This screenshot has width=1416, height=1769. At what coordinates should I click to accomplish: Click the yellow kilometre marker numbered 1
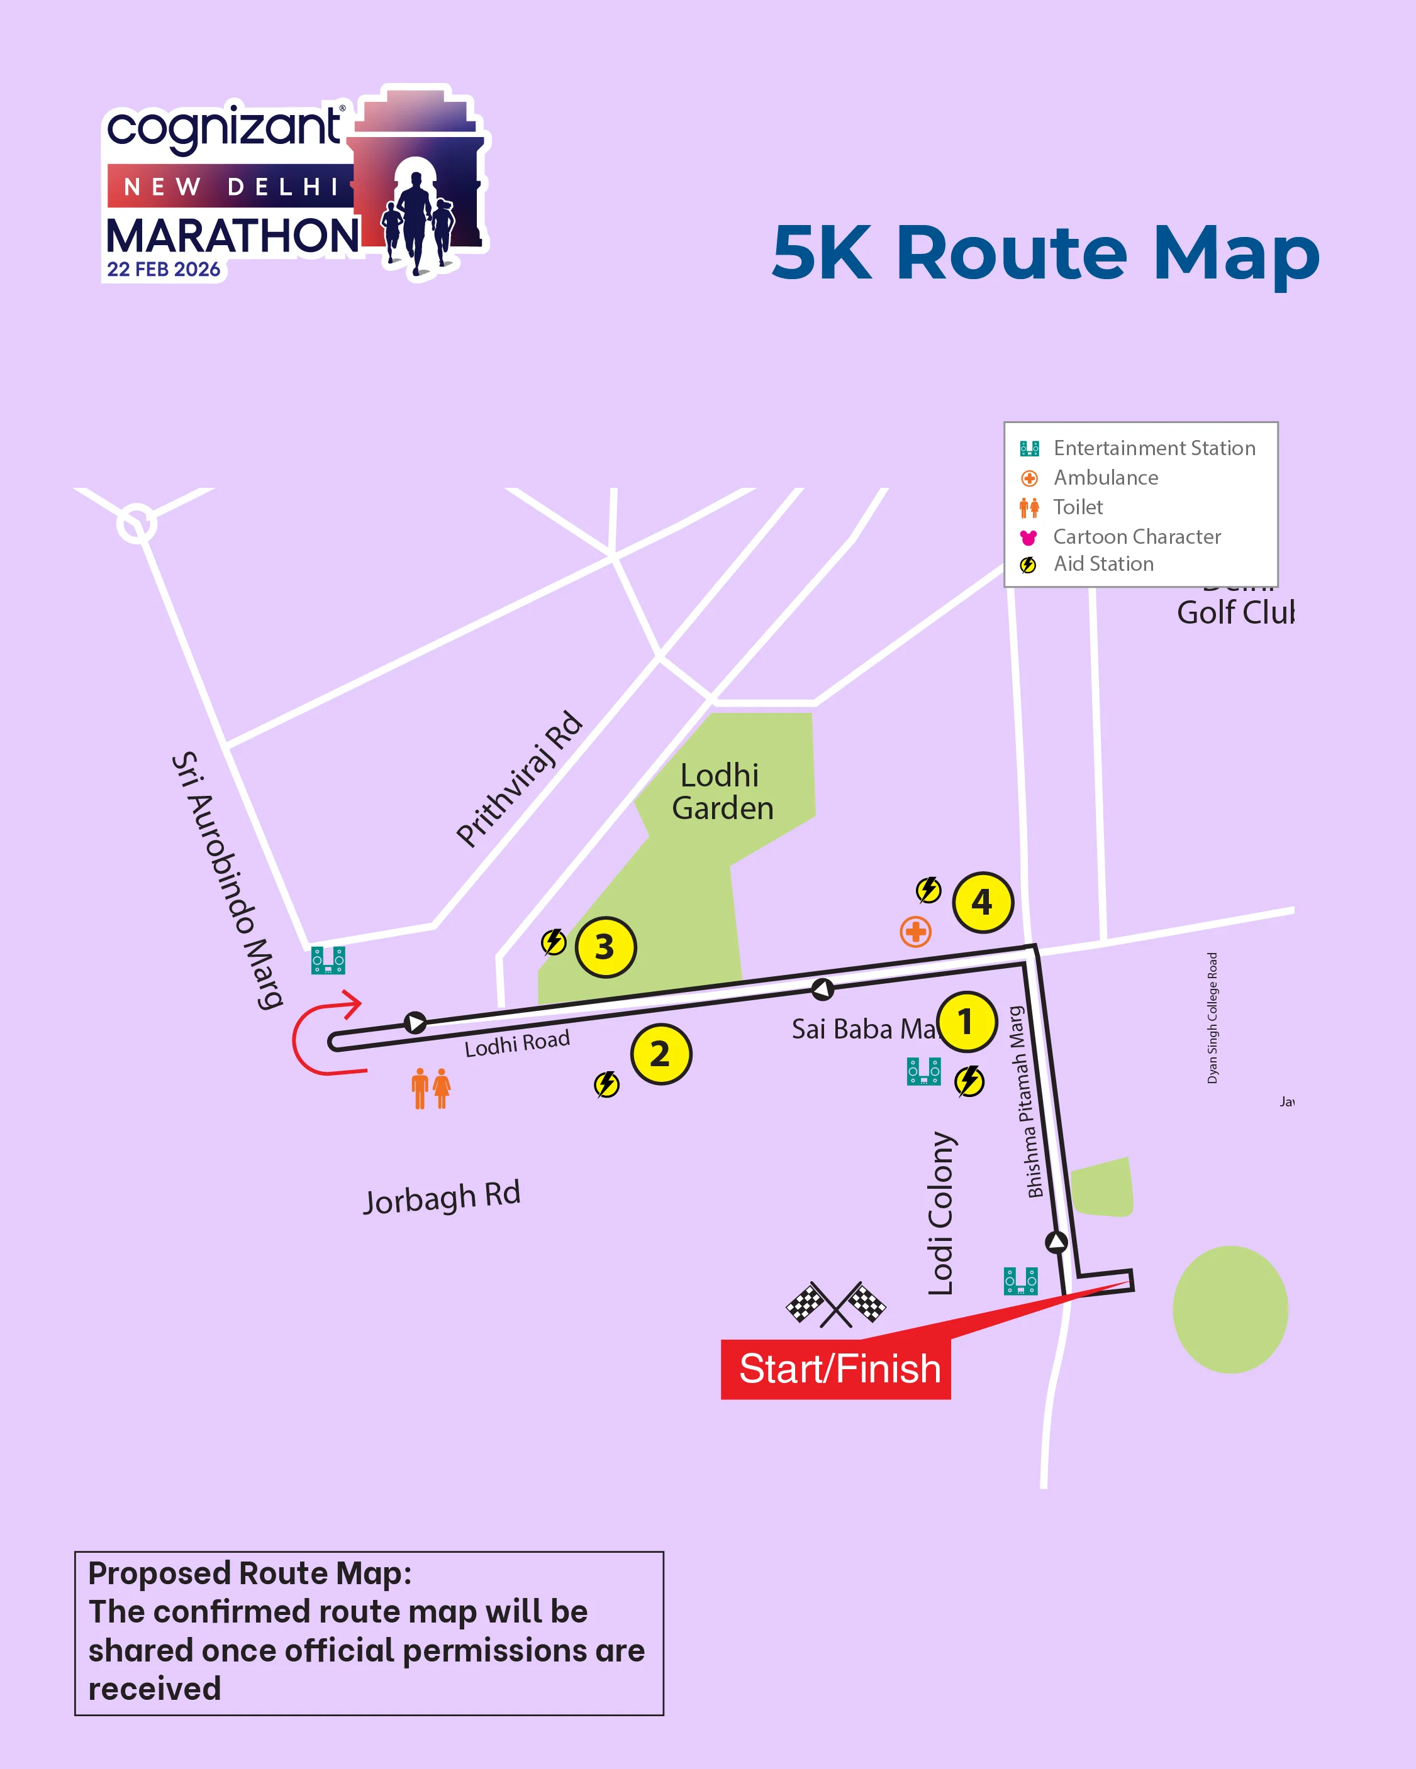tap(966, 1022)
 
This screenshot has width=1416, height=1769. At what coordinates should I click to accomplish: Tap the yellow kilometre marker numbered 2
tap(661, 1054)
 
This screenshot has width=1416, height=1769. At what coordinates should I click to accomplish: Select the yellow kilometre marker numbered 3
tap(605, 947)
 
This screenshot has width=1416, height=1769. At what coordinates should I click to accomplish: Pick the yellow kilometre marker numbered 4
tap(983, 901)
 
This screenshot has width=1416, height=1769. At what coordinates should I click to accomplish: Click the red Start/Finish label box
tap(835, 1369)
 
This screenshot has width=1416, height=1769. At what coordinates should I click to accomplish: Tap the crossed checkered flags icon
tap(835, 1303)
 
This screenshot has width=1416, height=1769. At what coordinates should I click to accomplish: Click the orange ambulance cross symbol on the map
tap(915, 931)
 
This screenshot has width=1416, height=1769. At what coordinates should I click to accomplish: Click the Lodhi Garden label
tap(722, 792)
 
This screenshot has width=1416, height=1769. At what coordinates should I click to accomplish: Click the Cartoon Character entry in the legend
tap(1136, 537)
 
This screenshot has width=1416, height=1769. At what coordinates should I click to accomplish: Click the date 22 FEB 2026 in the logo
tap(164, 270)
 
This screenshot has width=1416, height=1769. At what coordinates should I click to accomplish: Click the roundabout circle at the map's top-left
tap(137, 522)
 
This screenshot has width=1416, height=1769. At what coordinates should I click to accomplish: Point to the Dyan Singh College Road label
tap(1212, 1017)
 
